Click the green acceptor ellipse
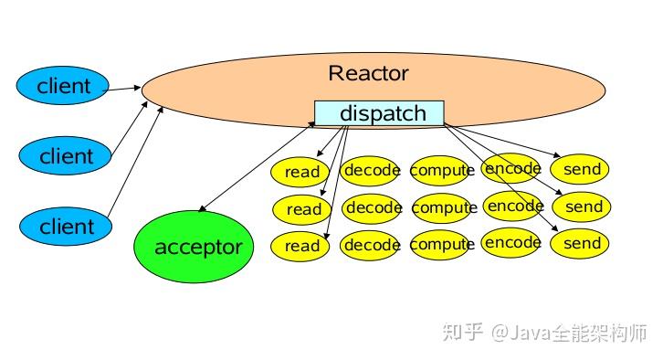pyautogui.click(x=198, y=247)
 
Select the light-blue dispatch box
pyautogui.click(x=379, y=113)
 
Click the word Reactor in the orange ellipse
pyautogui.click(x=368, y=73)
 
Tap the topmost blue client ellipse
pyautogui.click(x=64, y=87)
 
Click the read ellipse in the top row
pyautogui.click(x=302, y=172)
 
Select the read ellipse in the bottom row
pyautogui.click(x=302, y=246)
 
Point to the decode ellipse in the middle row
pyautogui.click(x=374, y=208)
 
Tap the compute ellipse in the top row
pyautogui.click(x=442, y=170)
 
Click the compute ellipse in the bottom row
pyautogui.click(x=442, y=245)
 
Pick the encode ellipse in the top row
pyautogui.click(x=511, y=168)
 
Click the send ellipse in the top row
pyautogui.click(x=582, y=169)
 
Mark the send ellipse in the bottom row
pyautogui.click(x=582, y=244)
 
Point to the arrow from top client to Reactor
pyautogui.click(x=126, y=89)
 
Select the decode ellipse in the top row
pyautogui.click(x=372, y=169)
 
